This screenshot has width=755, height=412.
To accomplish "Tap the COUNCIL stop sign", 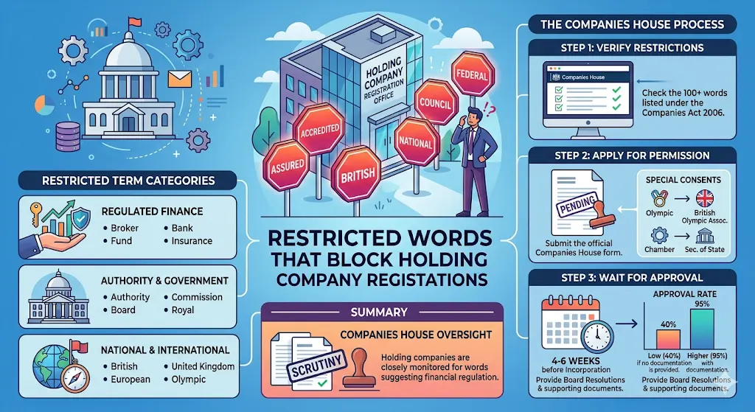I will [434, 104].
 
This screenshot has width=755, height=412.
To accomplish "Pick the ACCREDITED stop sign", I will [320, 129].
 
